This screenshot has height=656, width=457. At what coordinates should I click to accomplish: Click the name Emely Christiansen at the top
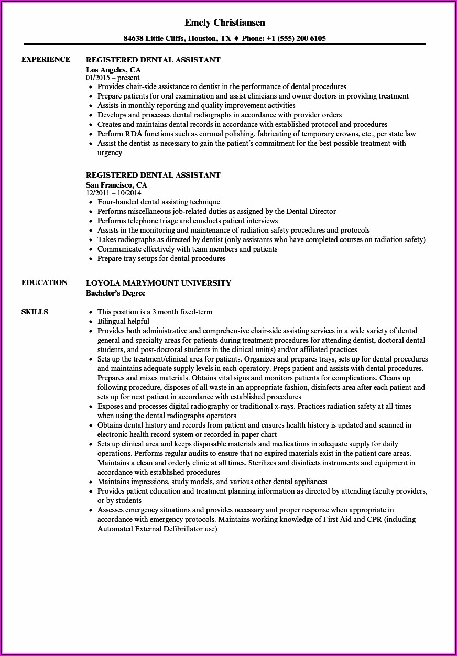[225, 23]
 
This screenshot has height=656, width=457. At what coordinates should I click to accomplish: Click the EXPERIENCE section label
[46, 59]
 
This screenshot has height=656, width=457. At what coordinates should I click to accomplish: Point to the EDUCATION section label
[44, 282]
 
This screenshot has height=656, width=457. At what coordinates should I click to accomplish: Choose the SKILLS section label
[35, 312]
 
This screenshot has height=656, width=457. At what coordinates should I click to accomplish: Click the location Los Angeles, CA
[113, 69]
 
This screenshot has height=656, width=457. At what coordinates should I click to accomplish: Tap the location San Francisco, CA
[116, 184]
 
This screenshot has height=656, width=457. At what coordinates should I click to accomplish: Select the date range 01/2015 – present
[113, 78]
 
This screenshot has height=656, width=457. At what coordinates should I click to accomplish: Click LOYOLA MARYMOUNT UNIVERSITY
[158, 283]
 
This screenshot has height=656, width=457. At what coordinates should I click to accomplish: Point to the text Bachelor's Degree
[115, 293]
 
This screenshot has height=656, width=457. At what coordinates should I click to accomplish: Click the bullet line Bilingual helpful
[123, 321]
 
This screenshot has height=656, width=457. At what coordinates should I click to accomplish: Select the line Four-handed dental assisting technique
[158, 202]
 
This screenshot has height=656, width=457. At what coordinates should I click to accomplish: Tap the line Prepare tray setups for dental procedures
[161, 258]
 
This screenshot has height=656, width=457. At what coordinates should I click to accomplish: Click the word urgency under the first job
[110, 152]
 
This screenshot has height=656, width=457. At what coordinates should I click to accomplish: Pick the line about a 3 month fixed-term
[155, 312]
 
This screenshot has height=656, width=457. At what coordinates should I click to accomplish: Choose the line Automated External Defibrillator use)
[157, 529]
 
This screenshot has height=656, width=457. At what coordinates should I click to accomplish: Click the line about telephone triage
[188, 221]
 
